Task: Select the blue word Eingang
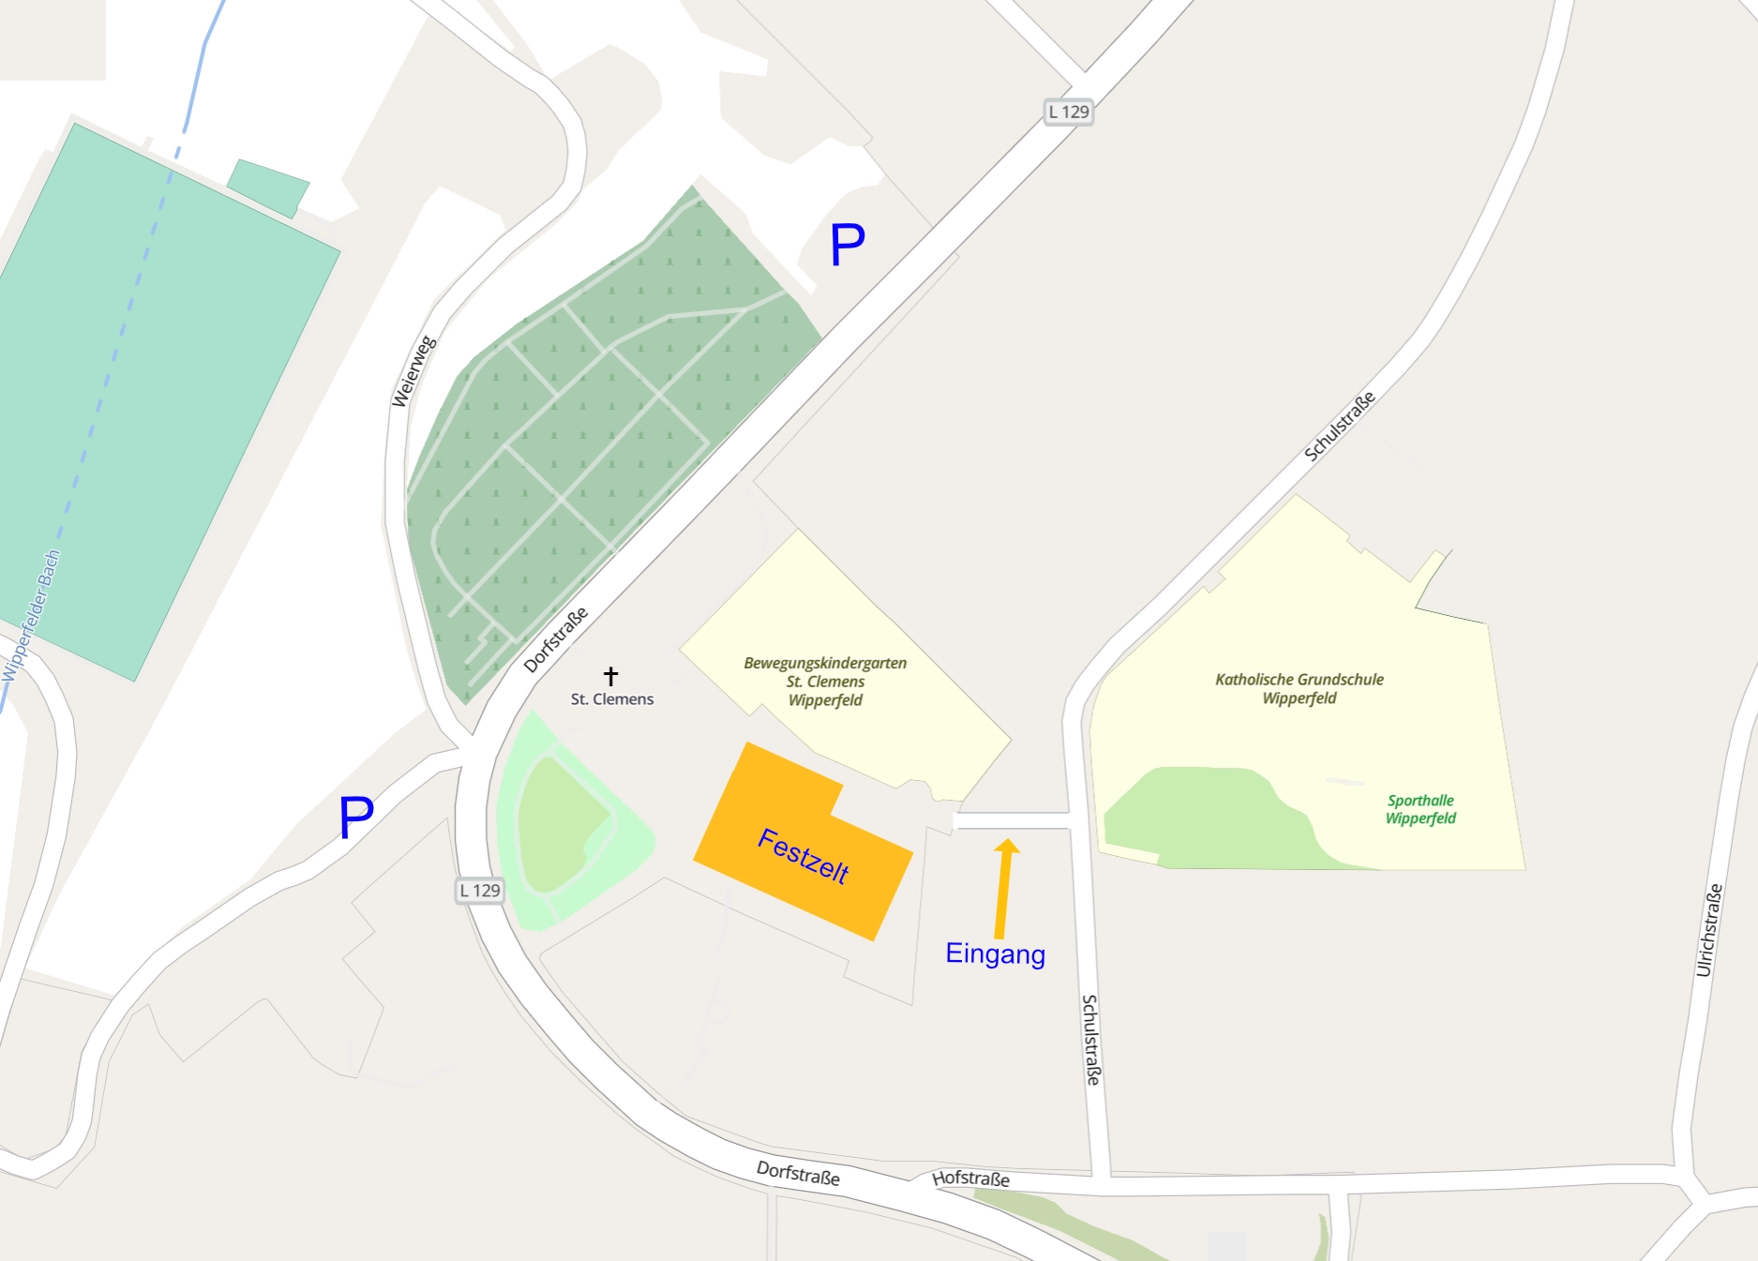[995, 953]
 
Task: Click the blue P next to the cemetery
[847, 246]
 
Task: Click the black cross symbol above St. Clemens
[611, 675]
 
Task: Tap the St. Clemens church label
[612, 699]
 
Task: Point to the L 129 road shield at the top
[1068, 113]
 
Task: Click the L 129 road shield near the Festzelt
[480, 891]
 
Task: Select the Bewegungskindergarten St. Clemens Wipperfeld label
[825, 682]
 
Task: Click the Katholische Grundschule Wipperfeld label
[1299, 688]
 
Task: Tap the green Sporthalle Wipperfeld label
[1420, 809]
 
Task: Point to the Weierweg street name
[413, 371]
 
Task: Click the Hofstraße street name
[970, 1178]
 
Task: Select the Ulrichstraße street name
[1709, 930]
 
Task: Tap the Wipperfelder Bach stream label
[31, 615]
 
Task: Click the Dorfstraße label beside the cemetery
[556, 639]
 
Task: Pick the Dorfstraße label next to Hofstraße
[798, 1173]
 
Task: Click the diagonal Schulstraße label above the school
[1340, 426]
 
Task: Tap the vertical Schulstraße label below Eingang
[1090, 1040]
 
